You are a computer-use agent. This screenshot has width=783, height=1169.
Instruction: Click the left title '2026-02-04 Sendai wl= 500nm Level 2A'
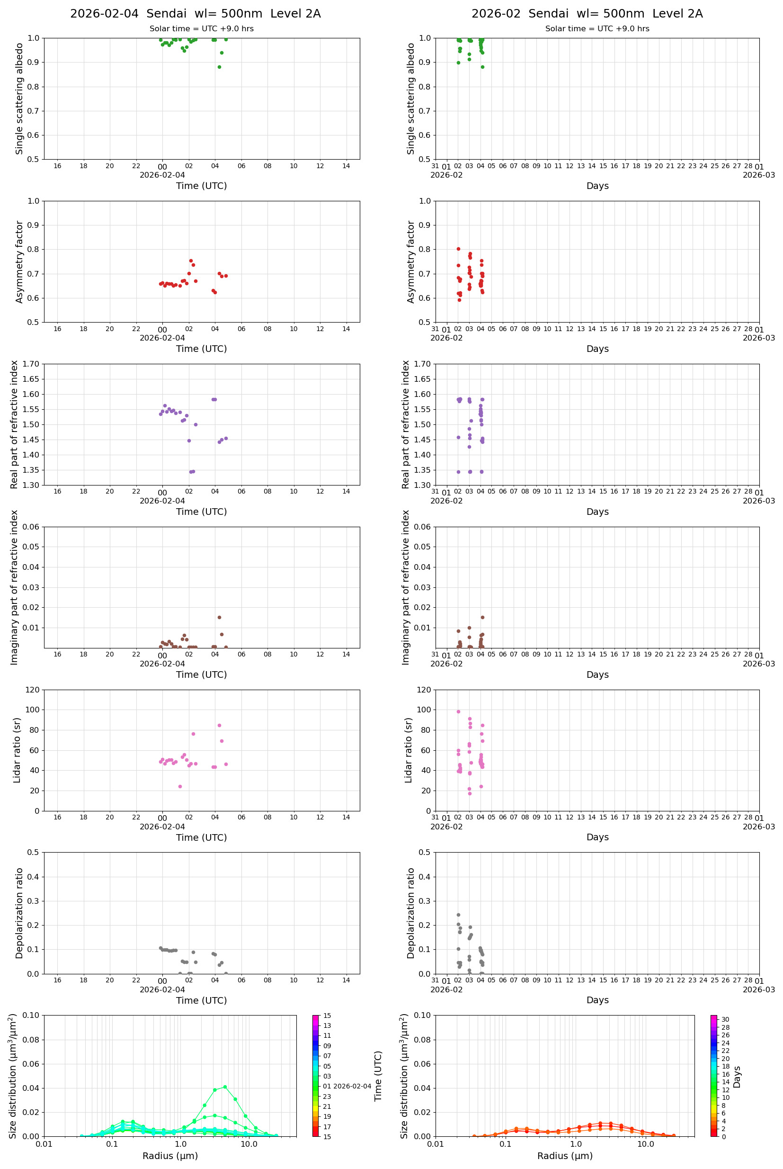coord(195,13)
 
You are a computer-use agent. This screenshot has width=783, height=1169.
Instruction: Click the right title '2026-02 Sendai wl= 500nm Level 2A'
coord(587,13)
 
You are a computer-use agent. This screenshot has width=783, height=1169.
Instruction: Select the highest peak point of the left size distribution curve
coord(225,1087)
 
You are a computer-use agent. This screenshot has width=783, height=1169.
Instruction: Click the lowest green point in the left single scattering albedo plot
coord(219,67)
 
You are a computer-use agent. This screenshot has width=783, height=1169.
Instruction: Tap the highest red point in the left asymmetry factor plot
coord(191,261)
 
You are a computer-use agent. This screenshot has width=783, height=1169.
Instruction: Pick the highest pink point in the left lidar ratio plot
coord(219,725)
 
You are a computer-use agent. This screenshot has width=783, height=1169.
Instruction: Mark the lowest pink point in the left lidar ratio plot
coord(180,786)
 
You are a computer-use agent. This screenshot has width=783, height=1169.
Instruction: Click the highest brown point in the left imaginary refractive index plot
coord(219,618)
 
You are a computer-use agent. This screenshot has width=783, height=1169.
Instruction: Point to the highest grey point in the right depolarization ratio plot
coord(458,915)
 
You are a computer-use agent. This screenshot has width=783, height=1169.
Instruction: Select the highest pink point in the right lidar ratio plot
coord(458,712)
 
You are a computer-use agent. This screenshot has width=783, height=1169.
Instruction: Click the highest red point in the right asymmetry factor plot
coord(458,249)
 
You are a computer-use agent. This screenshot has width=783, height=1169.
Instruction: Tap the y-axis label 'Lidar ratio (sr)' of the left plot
coord(18,750)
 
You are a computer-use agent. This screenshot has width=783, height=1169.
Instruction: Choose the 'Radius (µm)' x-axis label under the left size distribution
coord(170,1156)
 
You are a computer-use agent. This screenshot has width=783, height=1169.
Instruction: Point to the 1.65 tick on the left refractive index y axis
coord(32,379)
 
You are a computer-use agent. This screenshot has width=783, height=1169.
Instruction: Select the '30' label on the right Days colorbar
coord(725,1020)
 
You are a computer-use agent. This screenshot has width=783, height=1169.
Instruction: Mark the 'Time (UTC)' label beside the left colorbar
coord(378,1076)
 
